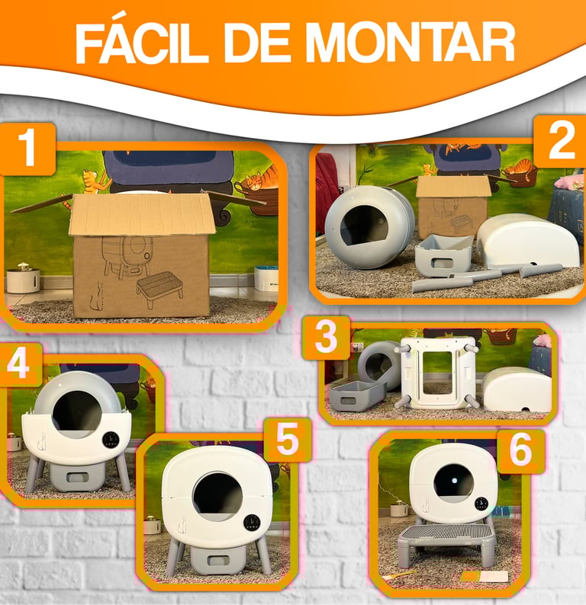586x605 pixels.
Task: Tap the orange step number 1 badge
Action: point(27,149)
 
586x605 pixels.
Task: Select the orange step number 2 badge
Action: point(560,141)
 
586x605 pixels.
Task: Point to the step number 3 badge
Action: point(327,337)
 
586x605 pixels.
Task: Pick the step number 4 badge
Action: point(19,364)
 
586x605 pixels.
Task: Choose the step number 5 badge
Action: point(288,439)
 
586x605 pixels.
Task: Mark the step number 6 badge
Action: point(520,450)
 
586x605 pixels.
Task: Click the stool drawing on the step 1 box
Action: point(159,288)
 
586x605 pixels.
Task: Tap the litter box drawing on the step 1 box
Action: point(127,257)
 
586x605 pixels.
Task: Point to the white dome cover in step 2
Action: point(528,240)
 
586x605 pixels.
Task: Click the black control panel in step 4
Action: point(111,440)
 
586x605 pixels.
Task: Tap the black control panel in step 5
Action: point(252,522)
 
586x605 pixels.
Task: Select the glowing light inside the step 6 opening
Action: point(454,481)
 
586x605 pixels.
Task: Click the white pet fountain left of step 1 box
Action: point(23,278)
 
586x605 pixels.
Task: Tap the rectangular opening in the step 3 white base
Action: point(437,372)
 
